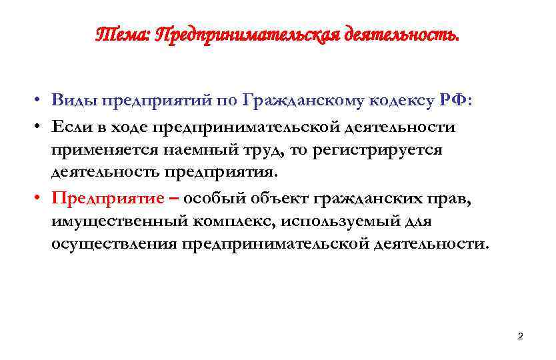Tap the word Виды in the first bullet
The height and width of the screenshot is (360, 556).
coord(73,101)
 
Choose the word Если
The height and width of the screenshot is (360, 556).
coord(72,127)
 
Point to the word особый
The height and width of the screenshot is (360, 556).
coord(213,198)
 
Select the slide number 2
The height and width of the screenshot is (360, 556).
coord(520,336)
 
